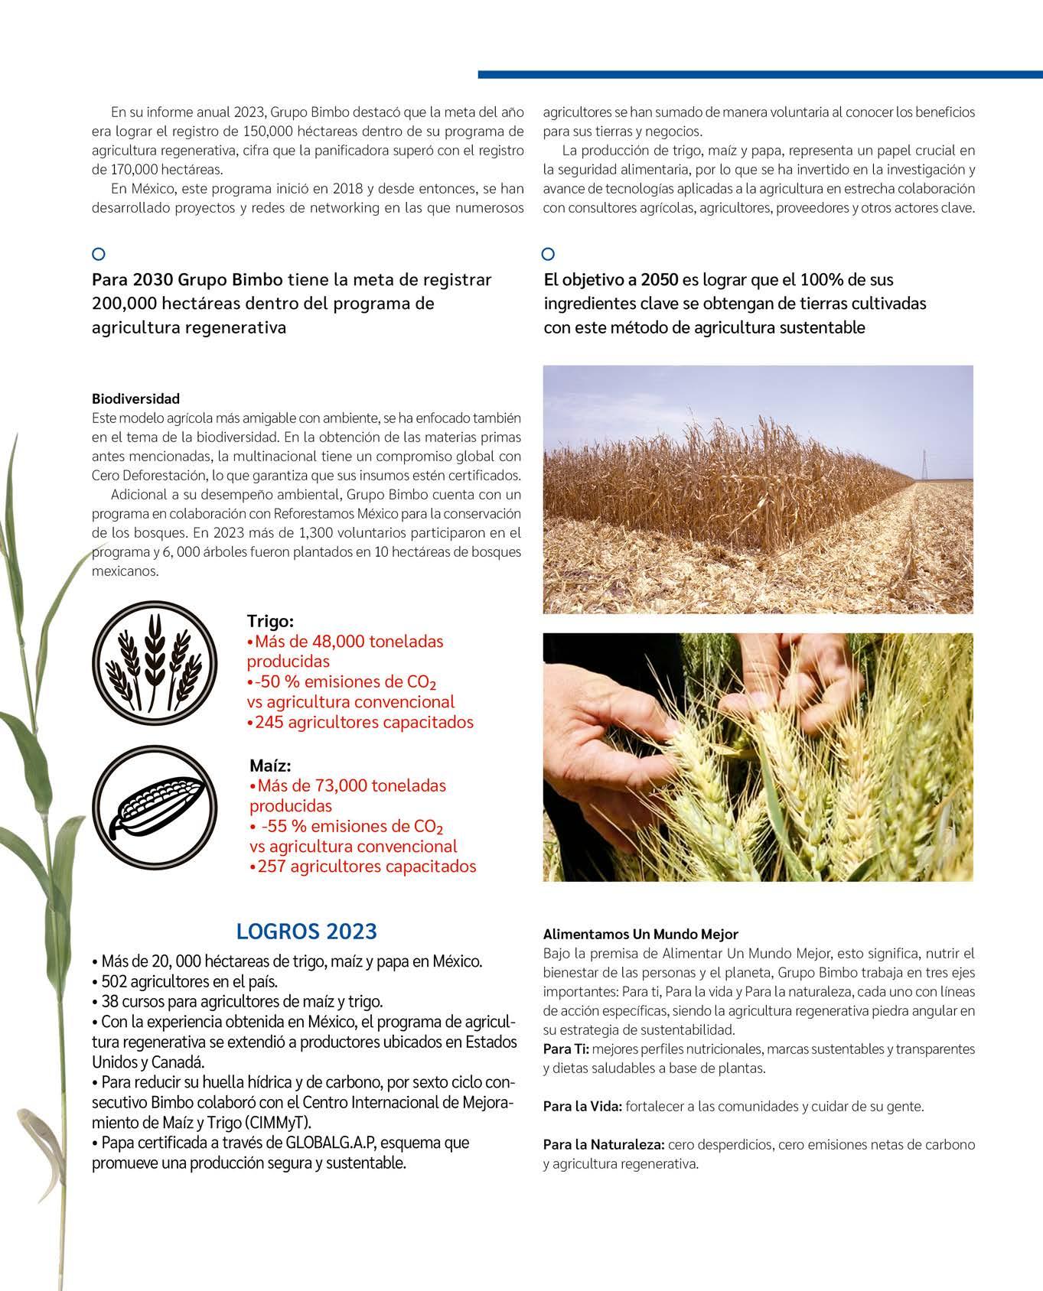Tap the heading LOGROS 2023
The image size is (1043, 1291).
(307, 931)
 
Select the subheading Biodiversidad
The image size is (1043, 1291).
(135, 398)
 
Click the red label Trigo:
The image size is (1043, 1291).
(270, 621)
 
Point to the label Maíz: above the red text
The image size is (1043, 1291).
(270, 766)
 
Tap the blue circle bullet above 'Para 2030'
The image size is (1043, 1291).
(98, 254)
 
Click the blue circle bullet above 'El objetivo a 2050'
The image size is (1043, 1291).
(548, 254)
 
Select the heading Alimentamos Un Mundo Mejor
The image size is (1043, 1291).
(640, 935)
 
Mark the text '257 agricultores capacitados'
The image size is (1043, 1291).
(367, 867)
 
